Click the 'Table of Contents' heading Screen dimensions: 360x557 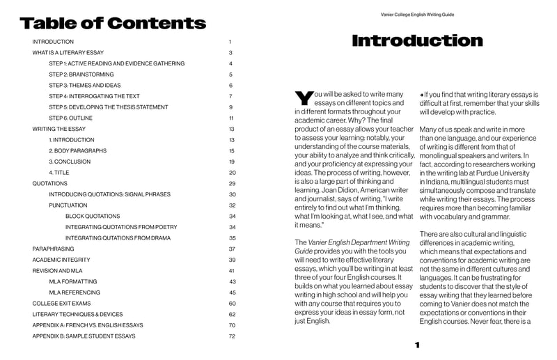pos(113,24)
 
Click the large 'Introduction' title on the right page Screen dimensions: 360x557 pos(417,41)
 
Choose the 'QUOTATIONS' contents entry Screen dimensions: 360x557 pos(50,183)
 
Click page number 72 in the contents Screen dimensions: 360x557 pos(232,336)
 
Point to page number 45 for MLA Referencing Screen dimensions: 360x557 pos(233,292)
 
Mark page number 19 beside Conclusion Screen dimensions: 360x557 pos(232,162)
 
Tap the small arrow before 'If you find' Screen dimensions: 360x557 pos(421,94)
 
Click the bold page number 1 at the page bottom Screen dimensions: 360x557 pos(416,345)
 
